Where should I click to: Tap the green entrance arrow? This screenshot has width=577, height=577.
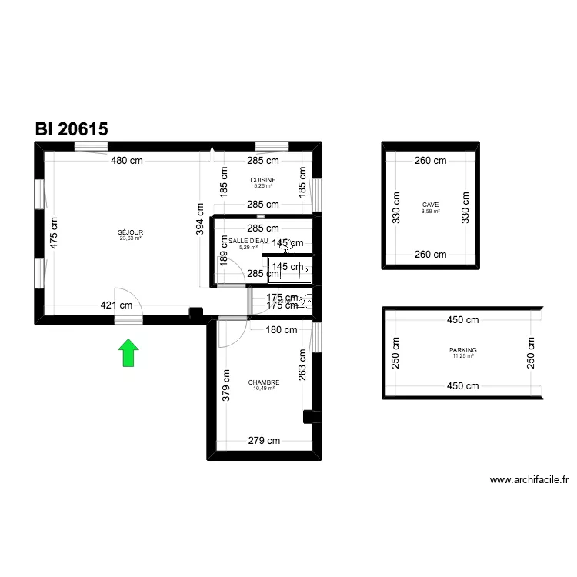tap(128, 352)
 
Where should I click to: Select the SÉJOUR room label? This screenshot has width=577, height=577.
tap(131, 232)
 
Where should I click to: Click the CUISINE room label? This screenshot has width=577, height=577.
tap(263, 180)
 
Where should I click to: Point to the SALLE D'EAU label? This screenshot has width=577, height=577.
tap(248, 241)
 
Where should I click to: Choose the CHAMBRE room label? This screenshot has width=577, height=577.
tap(264, 382)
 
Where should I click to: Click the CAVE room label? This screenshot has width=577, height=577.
tap(430, 205)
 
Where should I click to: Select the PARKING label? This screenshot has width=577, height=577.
tap(463, 350)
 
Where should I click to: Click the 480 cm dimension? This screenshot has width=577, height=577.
tap(126, 161)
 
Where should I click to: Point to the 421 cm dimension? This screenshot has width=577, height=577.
tap(117, 305)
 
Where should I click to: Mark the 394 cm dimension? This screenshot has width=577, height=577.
tap(199, 218)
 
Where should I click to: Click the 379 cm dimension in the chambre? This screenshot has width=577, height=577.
tap(226, 385)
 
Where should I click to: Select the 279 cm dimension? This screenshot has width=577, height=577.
tap(263, 441)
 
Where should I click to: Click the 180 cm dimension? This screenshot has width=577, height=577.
tap(281, 330)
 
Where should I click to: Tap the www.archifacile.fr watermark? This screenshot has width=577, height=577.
tap(530, 480)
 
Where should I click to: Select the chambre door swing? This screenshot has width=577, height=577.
tap(228, 332)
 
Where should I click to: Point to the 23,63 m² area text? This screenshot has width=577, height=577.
tap(131, 238)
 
